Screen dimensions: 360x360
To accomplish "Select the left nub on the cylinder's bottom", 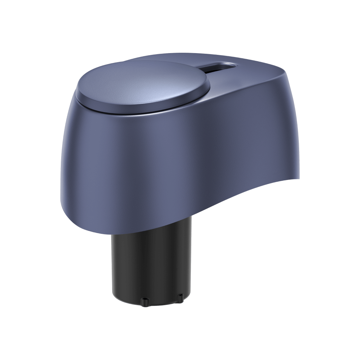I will coord(144,301).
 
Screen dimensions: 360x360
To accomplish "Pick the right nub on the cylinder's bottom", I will coord(180,298).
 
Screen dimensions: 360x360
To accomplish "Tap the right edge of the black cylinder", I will coord(192,260).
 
